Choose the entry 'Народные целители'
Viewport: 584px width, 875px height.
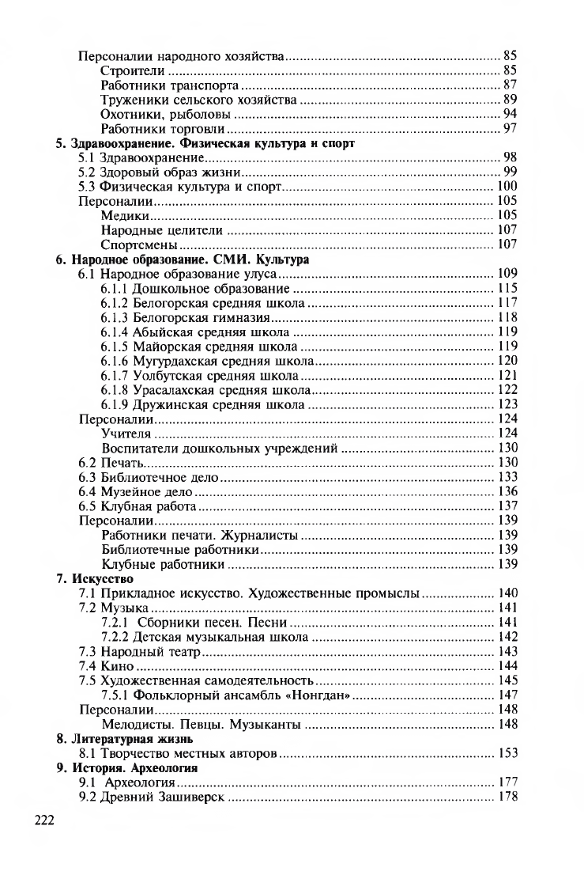point(162,230)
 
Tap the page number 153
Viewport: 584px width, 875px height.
point(507,753)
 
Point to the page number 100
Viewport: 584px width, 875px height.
point(507,187)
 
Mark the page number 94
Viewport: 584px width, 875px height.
point(510,114)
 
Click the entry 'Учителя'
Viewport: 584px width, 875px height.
point(126,434)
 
